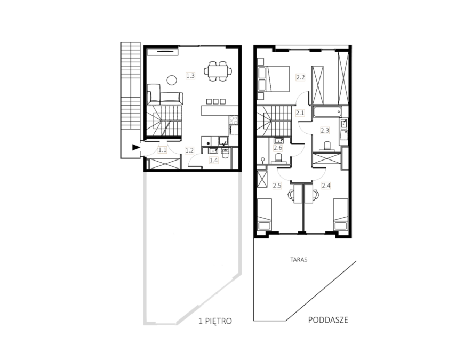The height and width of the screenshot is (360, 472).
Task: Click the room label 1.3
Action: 190,76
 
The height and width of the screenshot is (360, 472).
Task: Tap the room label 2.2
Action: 300,77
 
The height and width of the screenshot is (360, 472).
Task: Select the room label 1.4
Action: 214,160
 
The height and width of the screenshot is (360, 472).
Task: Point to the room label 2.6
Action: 278,148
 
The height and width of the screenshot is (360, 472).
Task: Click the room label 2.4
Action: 326,186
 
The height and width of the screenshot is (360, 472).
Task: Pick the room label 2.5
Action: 277,186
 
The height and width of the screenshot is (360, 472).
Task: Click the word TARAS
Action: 299,260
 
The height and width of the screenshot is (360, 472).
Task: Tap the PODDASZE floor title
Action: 328,320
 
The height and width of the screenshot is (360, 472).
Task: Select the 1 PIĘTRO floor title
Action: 215,321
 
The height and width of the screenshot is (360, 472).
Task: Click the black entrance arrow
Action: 136,147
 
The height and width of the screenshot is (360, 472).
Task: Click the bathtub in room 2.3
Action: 327,113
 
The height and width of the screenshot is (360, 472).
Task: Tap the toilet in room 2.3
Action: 326,147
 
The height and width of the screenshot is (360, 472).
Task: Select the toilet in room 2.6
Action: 278,158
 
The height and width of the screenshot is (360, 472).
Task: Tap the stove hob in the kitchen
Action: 234,121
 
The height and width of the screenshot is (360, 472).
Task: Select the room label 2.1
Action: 300,113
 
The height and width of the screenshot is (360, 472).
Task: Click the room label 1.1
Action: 163,149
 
